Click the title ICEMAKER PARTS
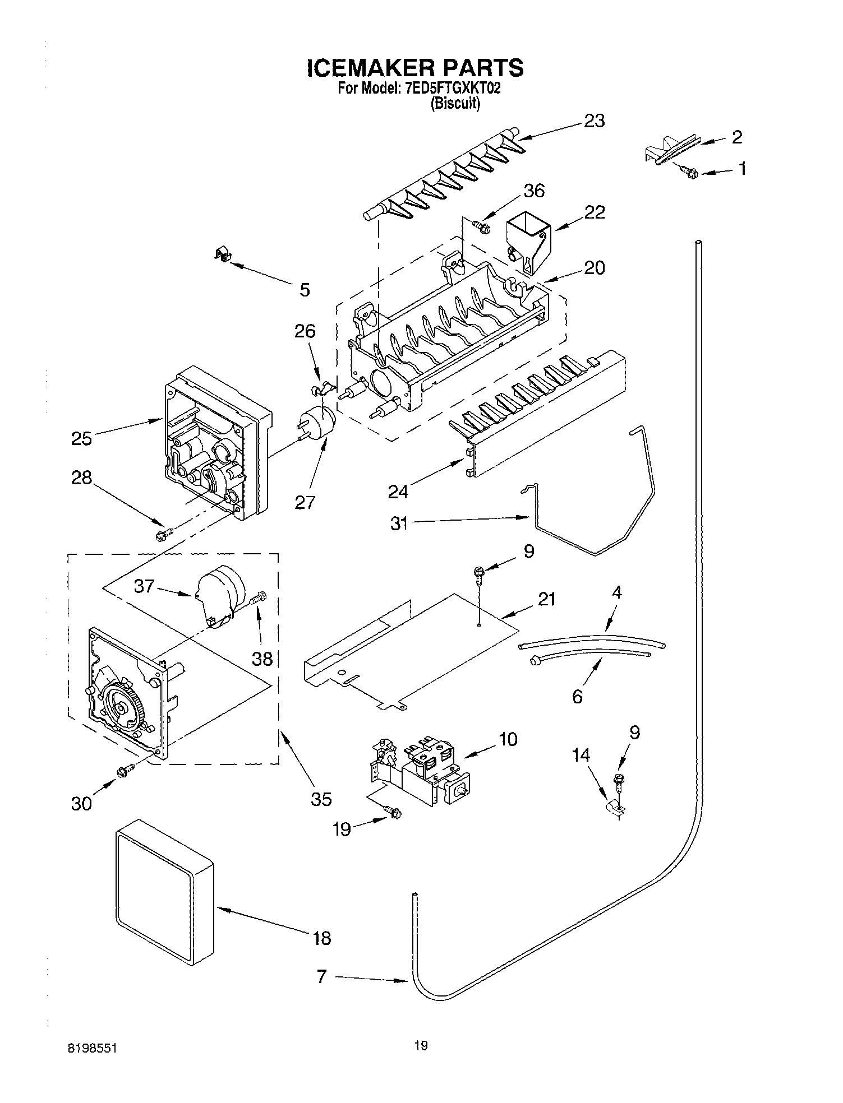coord(416,68)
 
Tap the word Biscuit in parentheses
coord(455,104)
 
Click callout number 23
coord(594,121)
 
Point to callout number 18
coord(321,938)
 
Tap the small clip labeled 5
coord(224,256)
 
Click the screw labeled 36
coord(481,226)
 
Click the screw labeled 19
coord(393,811)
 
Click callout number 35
coord(321,799)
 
